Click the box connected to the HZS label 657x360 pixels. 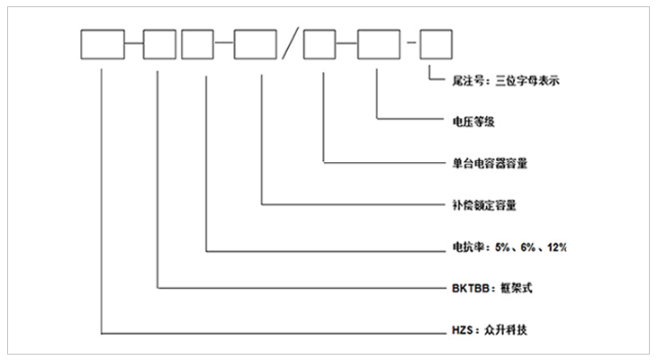coord(102,44)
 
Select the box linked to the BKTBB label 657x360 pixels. coord(159,44)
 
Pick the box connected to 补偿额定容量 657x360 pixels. coord(255,44)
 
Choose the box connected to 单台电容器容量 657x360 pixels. coord(320,44)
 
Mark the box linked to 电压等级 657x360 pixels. coord(379,44)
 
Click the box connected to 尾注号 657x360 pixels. coord(436,44)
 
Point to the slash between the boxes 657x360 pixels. coord(287,44)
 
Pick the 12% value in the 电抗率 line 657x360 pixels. coord(553,247)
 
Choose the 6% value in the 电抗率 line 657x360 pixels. coord(528,247)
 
